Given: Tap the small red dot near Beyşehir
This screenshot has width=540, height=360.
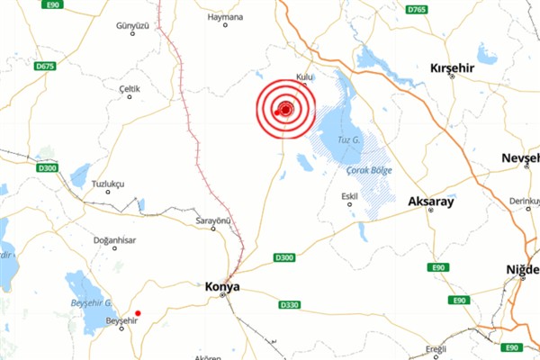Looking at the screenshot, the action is point(138,313).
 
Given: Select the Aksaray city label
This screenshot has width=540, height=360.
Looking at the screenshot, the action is point(430,202).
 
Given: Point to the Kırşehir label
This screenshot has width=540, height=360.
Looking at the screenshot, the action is point(452,68).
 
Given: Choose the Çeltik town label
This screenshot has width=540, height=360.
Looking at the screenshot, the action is point(130,88).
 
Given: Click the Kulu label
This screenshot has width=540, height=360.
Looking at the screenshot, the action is point(304,78).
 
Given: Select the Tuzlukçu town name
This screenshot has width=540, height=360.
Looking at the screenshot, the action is point(108,183).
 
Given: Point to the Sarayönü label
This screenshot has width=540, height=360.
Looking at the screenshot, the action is point(214,220).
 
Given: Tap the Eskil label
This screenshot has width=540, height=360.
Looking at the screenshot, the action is point(350,195).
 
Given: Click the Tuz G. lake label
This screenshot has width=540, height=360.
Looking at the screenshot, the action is point(348,139).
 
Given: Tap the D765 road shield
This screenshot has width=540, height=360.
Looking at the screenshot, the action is point(416,9).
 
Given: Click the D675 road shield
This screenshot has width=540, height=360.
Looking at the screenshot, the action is point(45,66).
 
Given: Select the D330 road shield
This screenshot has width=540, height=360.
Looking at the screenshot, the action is point(289,305).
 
